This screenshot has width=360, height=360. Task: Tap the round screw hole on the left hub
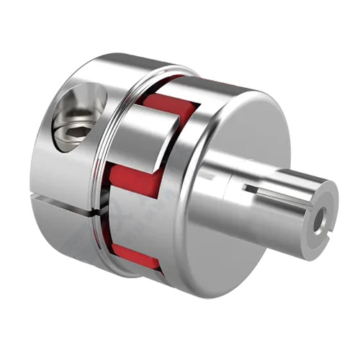click(x=77, y=119)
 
